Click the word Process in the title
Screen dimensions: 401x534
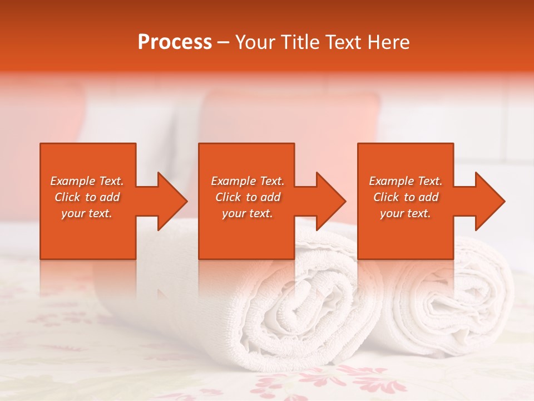[x=175, y=42]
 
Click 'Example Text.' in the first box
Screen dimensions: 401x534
[x=87, y=181]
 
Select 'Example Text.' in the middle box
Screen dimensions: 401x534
[x=248, y=181]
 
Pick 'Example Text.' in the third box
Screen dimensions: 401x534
[x=406, y=181]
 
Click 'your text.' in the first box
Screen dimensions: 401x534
[x=87, y=213]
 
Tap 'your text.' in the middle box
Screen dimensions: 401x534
[x=248, y=213]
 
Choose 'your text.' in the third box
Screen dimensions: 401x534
[x=406, y=213]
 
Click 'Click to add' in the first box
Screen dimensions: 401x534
[x=87, y=197]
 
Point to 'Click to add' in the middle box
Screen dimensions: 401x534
[x=248, y=197]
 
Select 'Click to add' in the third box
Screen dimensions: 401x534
[x=406, y=197]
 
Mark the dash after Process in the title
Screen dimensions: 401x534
[x=223, y=43]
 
